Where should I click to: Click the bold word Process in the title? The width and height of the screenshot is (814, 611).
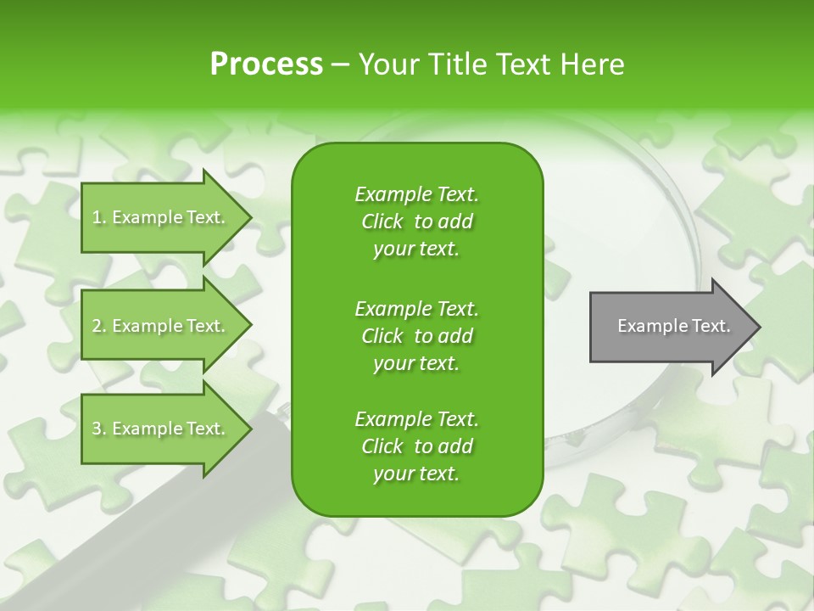pos(266,64)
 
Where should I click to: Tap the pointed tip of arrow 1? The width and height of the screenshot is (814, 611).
pos(249,217)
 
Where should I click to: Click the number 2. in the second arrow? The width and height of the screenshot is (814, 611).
pos(98,326)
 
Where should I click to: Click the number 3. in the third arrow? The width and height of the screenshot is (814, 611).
pos(98,429)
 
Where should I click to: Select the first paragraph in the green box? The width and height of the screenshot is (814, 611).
pos(416,221)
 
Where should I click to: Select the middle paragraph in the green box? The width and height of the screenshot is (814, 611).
pos(416,335)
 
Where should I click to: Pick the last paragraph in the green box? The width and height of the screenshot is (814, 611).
pos(416,446)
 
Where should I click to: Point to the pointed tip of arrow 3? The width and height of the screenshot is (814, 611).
pos(249,429)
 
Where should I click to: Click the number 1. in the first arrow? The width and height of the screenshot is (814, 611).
pos(98,217)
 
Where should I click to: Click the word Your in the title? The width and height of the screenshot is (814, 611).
pos(387,64)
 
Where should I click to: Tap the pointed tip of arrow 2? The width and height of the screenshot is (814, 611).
pos(249,326)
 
